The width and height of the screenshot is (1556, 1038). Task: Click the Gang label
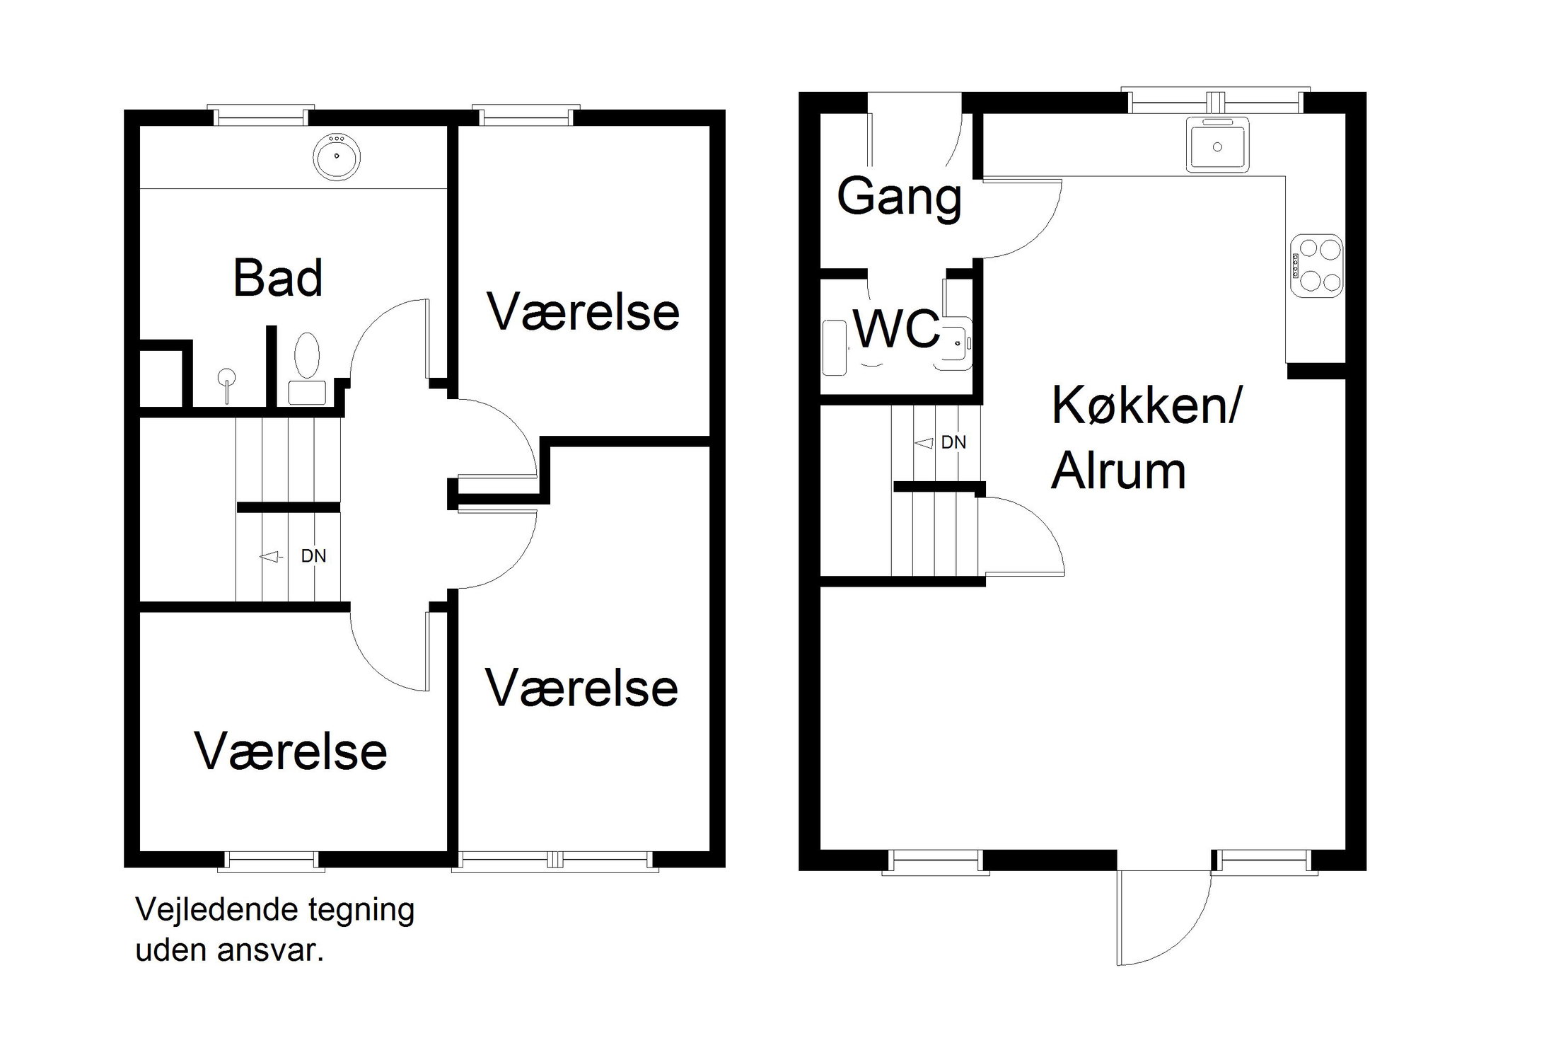(899, 197)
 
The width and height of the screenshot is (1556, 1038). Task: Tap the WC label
(897, 329)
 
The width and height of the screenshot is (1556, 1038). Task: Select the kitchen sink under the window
(1217, 146)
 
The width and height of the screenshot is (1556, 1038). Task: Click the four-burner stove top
(1316, 266)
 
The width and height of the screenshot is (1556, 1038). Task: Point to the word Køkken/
(1146, 407)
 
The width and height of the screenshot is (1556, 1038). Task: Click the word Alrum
(1118, 471)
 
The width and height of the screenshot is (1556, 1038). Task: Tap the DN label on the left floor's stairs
(313, 556)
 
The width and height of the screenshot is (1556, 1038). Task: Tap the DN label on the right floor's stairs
(953, 443)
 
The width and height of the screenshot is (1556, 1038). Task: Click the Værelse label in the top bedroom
(583, 312)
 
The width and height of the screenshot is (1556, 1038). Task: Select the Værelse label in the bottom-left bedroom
(291, 751)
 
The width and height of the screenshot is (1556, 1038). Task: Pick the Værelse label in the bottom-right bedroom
(581, 688)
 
